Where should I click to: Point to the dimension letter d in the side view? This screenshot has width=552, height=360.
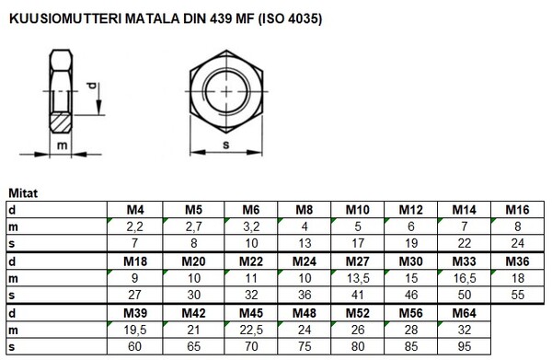click(x=91, y=89)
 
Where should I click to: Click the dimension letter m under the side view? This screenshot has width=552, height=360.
click(x=62, y=145)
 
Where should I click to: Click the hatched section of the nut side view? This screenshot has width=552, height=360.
click(x=61, y=119)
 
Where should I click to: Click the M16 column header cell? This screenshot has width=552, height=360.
click(x=521, y=210)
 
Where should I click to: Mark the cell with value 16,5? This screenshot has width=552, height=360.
click(x=466, y=279)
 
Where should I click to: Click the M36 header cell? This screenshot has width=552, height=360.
click(x=521, y=263)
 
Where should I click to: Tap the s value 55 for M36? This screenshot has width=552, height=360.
click(x=521, y=295)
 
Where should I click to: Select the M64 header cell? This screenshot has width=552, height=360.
click(x=466, y=315)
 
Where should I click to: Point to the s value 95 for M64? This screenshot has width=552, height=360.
click(x=466, y=347)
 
